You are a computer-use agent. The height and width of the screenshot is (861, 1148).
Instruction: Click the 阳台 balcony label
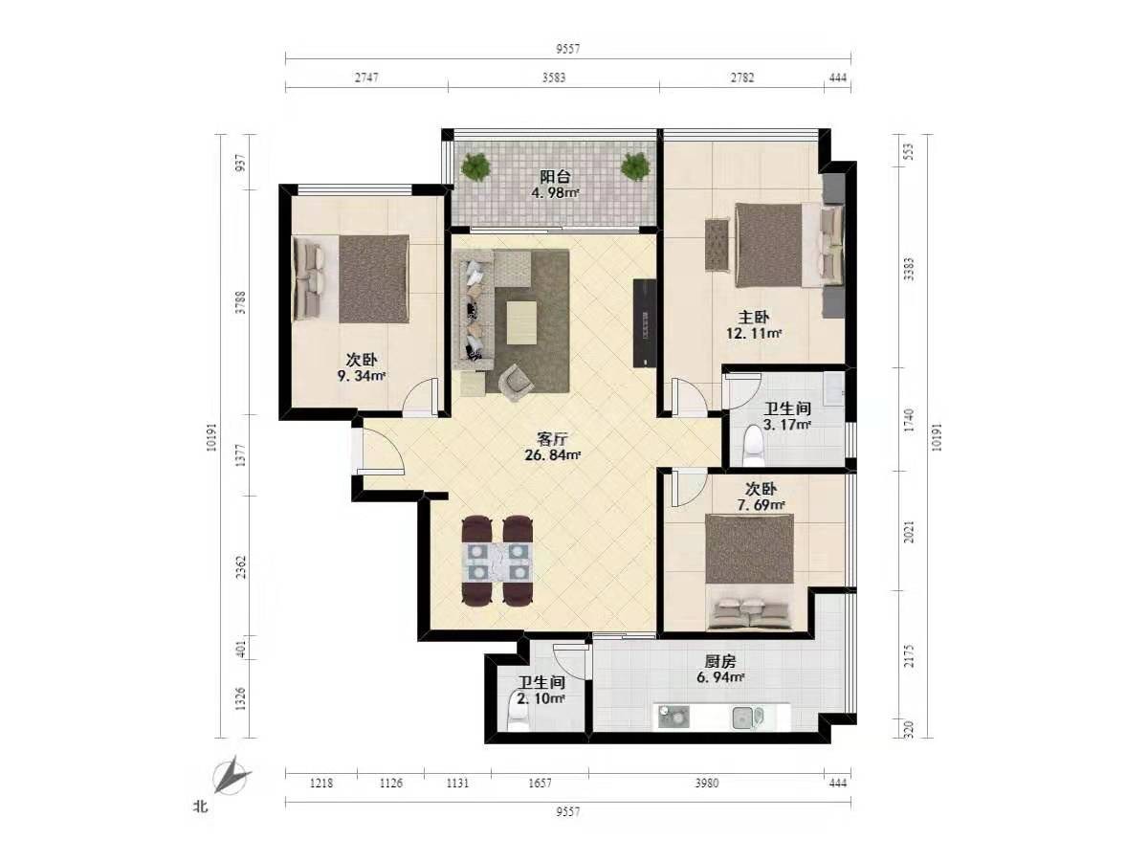point(555,176)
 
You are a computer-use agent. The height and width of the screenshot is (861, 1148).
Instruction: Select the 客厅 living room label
point(552,438)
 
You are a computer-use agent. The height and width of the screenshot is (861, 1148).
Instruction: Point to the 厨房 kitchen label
point(720,661)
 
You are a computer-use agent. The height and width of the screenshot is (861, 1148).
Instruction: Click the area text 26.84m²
point(553,455)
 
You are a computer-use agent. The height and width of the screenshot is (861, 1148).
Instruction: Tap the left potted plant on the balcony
point(475,166)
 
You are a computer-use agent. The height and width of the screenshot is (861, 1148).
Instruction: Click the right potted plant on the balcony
point(635,166)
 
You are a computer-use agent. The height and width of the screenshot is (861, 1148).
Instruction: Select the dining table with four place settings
point(497,561)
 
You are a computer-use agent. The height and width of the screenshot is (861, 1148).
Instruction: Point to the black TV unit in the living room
point(645,323)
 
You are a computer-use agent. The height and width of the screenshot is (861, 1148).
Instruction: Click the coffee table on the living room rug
point(521,322)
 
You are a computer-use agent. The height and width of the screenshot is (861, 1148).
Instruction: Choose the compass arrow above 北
point(232,776)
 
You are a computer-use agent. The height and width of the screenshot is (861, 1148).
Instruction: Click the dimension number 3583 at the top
point(554,77)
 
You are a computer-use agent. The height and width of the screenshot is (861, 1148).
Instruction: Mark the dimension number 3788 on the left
point(240,302)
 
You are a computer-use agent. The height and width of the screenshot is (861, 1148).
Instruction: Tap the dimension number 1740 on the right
point(910,420)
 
